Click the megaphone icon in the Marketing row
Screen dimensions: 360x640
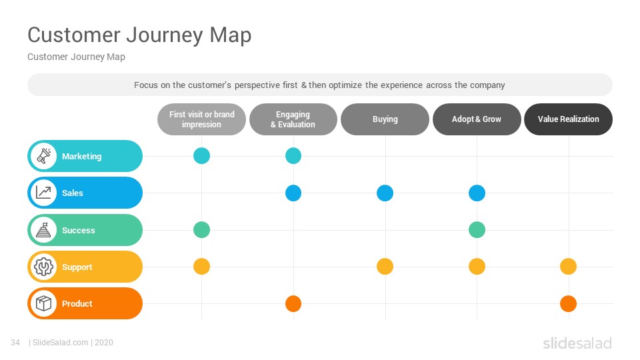point(44,156)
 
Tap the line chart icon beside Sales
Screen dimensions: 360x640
point(44,193)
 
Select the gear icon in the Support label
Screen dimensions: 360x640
point(44,267)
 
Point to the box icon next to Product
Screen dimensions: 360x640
point(44,303)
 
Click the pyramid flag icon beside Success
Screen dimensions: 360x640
point(44,230)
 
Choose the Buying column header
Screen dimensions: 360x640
point(385,119)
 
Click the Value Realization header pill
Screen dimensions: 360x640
point(568,119)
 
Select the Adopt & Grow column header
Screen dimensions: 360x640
point(476,119)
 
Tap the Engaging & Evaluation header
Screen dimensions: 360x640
point(293,119)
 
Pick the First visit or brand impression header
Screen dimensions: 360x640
point(201,119)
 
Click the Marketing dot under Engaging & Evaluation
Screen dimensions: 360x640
point(293,156)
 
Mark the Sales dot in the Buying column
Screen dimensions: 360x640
point(385,193)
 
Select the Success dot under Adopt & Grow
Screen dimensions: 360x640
point(477,230)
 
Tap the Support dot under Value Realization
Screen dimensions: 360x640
point(568,267)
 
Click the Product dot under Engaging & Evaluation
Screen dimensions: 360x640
point(293,304)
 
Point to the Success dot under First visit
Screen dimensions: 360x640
point(201,230)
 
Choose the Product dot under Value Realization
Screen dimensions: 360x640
point(568,304)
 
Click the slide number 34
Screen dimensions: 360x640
point(15,343)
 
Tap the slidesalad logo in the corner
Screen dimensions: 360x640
point(577,343)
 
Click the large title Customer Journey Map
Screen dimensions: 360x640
point(139,35)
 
